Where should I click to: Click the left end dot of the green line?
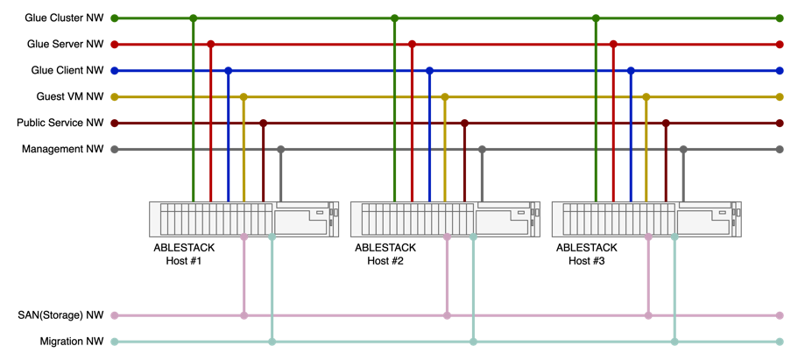point(114,18)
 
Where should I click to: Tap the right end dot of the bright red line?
point(780,44)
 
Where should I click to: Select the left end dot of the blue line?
point(114,70)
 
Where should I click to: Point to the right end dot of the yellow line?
point(780,96)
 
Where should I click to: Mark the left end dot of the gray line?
point(114,149)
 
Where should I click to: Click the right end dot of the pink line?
point(780,315)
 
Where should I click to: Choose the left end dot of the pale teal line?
point(114,342)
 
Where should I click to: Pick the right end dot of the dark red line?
point(780,123)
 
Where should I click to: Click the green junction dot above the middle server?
point(394,18)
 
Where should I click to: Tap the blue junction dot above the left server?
point(228,70)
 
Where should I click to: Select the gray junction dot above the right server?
point(683,149)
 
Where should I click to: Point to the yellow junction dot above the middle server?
point(445,96)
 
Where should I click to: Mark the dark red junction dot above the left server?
point(263,123)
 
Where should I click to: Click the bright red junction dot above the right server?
point(613,44)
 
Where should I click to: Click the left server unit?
point(244,219)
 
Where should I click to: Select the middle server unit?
point(445,219)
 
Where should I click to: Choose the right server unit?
point(646,219)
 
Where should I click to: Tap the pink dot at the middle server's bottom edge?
point(447,237)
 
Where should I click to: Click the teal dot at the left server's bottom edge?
point(272,237)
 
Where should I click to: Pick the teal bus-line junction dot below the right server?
point(674,342)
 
